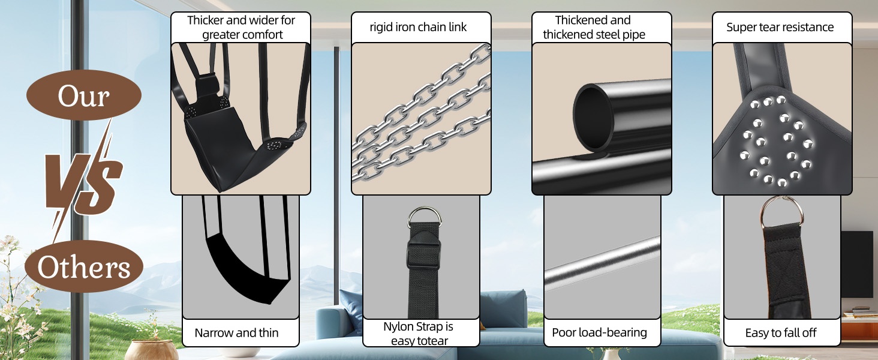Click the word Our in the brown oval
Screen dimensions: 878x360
pyautogui.click(x=83, y=95)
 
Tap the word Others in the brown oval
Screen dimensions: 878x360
pyautogui.click(x=83, y=267)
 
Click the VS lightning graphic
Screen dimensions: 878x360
pyautogui.click(x=83, y=181)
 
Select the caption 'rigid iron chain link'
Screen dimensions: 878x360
pyautogui.click(x=418, y=27)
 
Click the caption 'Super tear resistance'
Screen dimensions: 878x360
pyautogui.click(x=780, y=27)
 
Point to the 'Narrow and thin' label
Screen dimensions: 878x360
pyautogui.click(x=236, y=333)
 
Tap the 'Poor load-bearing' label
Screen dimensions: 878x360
pyautogui.click(x=599, y=332)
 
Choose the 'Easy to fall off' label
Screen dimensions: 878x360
pyautogui.click(x=781, y=333)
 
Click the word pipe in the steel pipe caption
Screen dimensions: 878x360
pyautogui.click(x=634, y=35)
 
